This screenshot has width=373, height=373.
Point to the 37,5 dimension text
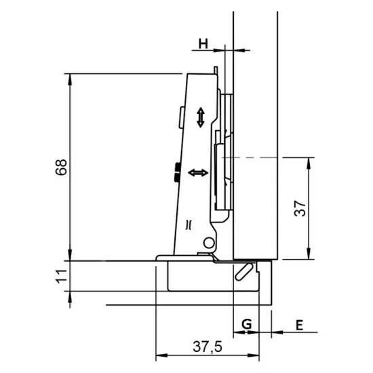coord(207,347)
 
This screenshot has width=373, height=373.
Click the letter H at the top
coord(203,44)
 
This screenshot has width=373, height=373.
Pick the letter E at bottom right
coord(298,325)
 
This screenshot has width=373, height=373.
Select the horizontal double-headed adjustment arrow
coord(198,174)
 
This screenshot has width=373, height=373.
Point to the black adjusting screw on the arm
coord(176,172)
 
